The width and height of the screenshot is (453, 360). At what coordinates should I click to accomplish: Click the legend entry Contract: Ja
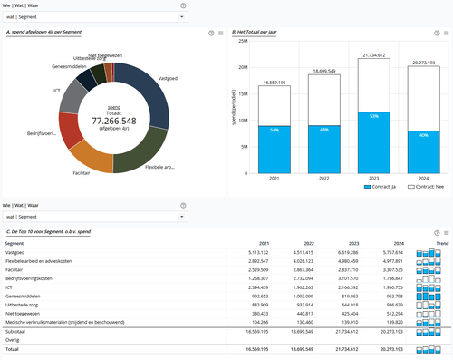(x=380, y=186)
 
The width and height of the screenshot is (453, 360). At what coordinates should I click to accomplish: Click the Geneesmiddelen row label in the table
(x=24, y=296)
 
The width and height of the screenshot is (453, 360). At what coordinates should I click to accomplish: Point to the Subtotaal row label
(x=17, y=332)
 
